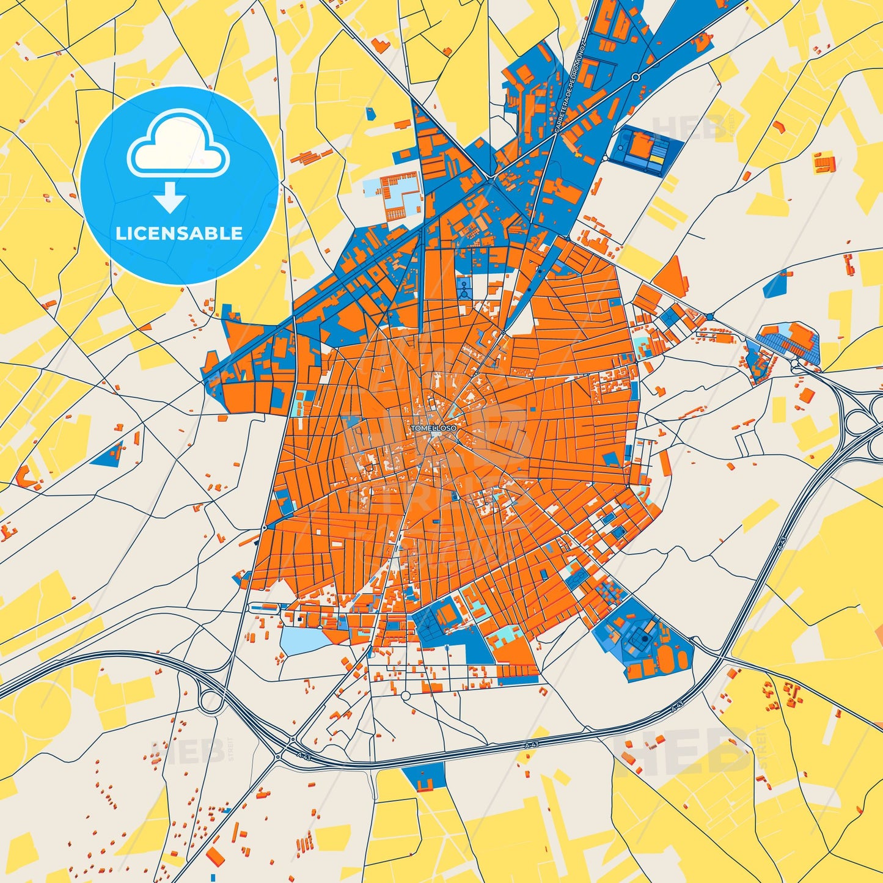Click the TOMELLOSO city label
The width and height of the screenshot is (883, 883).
pos(433,428)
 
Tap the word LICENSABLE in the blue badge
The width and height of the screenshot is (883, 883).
pos(180,233)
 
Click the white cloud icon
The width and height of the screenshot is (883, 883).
pos(178,145)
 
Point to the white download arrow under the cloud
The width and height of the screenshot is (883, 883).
pos(170,197)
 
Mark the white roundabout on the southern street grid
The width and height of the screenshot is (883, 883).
pos(405,695)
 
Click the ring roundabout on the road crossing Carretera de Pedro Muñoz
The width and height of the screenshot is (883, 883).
pos(636,77)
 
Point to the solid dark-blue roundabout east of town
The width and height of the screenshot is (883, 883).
pos(709,316)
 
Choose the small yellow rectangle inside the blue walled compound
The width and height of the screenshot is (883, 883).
pos(655,159)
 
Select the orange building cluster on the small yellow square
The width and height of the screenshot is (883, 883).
pos(824,163)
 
